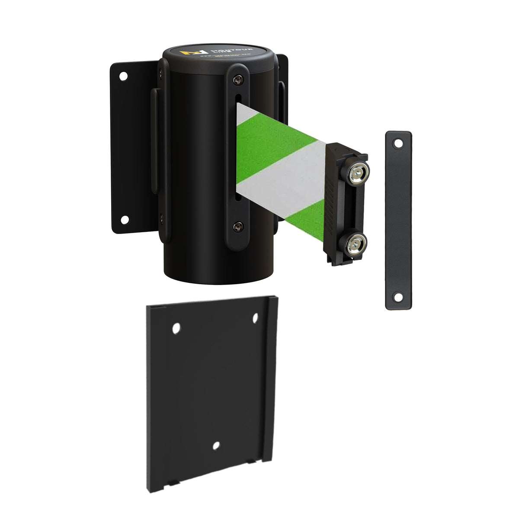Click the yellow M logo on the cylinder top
(x=186, y=53)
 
